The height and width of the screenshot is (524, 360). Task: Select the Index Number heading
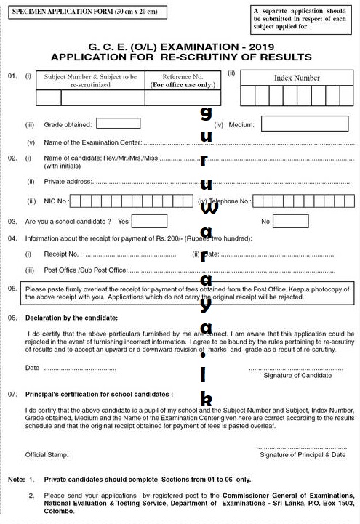296,78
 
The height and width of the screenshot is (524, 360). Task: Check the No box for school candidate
291,221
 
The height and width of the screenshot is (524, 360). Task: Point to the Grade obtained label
73,125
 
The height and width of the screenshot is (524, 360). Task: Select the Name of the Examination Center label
92,142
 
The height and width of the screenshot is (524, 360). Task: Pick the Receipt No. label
63,254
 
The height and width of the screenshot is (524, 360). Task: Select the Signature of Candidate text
297,375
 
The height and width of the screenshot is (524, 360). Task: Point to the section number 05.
12,289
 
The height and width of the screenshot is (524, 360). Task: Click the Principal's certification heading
99,394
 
